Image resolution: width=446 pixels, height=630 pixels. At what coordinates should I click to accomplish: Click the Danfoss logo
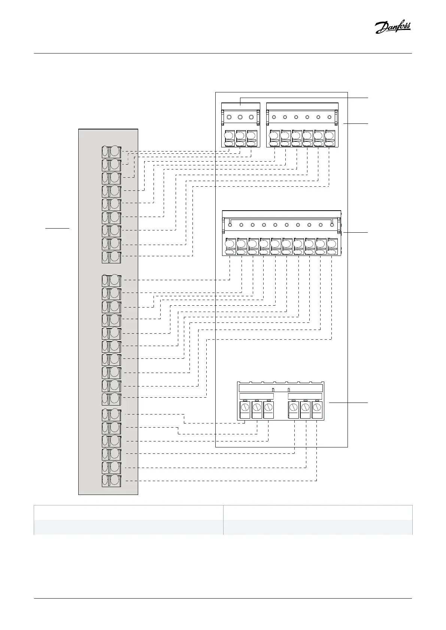point(393,27)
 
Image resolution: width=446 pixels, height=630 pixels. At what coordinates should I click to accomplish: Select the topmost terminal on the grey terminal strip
point(111,152)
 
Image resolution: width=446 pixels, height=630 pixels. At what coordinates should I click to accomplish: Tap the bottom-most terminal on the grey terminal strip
point(111,480)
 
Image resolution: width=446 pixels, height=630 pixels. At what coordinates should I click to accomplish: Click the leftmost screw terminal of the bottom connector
point(245,410)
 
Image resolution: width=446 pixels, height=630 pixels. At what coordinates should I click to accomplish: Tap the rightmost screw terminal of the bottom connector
point(317,410)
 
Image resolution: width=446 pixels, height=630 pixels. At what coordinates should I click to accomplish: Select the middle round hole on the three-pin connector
point(240,117)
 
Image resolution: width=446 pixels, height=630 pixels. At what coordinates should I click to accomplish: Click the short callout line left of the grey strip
point(57,227)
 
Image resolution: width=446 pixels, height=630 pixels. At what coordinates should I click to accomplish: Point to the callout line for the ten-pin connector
point(356,233)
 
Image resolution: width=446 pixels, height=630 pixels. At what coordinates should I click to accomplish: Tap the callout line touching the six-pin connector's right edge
point(356,123)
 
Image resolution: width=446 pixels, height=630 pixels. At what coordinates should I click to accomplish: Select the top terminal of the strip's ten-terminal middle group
point(111,280)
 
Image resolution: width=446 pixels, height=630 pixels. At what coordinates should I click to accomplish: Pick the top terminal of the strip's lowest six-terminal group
point(111,415)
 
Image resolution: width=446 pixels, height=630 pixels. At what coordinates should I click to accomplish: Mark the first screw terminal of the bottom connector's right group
point(294,410)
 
